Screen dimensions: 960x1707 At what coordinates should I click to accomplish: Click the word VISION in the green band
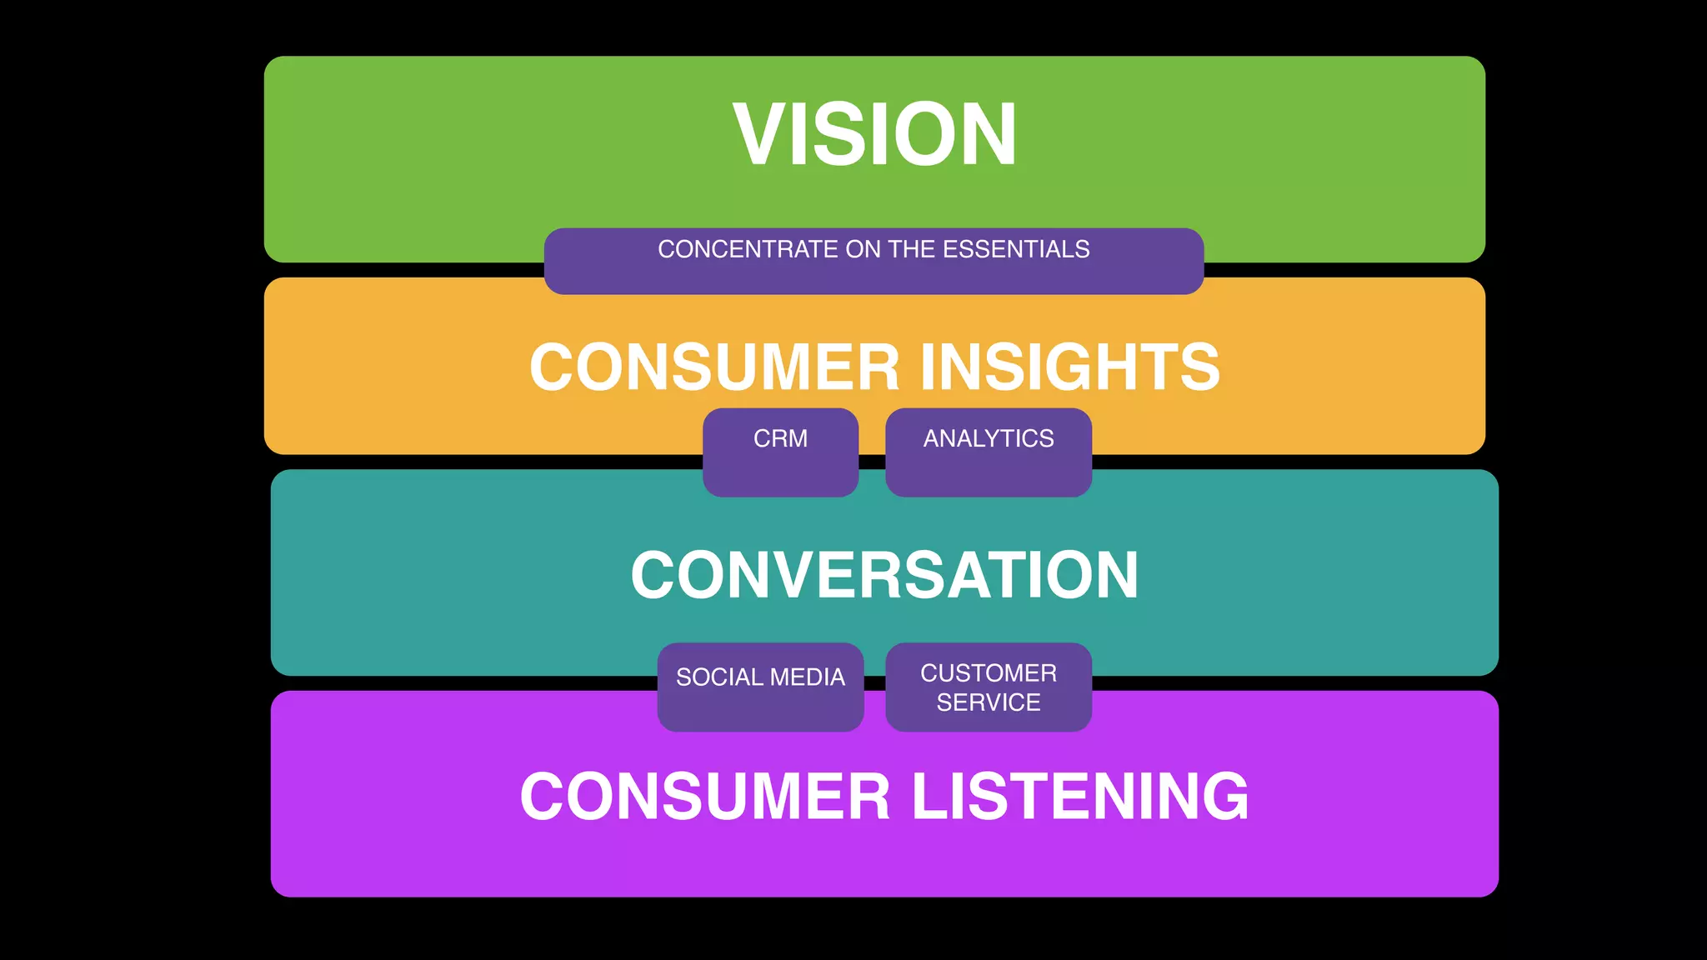[874, 134]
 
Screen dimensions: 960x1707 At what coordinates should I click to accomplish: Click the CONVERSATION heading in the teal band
[884, 575]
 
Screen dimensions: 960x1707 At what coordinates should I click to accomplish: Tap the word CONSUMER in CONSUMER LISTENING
[705, 797]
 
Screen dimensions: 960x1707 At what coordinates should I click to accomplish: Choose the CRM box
[780, 452]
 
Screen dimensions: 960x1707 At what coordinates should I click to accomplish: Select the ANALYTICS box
[989, 452]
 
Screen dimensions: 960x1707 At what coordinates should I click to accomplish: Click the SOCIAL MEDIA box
[760, 687]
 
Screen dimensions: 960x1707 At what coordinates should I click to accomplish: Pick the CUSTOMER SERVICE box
[989, 687]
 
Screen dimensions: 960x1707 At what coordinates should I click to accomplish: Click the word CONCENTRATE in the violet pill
[748, 249]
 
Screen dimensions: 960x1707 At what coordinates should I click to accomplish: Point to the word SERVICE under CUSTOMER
[989, 702]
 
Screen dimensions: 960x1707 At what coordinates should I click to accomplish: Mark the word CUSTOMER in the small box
[989, 672]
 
